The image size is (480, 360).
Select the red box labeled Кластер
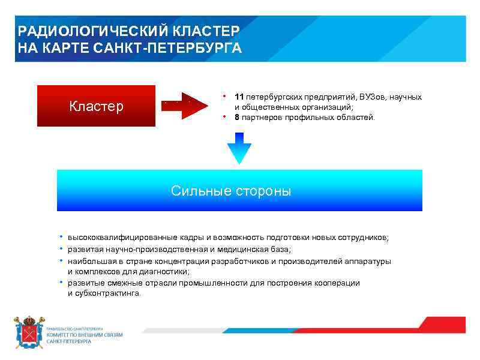click(96, 106)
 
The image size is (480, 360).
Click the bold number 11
click(239, 97)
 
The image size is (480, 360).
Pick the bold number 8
click(236, 118)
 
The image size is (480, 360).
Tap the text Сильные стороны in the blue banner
click(231, 191)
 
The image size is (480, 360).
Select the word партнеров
click(263, 118)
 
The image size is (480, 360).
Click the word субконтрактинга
click(107, 293)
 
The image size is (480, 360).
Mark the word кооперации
click(338, 283)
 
